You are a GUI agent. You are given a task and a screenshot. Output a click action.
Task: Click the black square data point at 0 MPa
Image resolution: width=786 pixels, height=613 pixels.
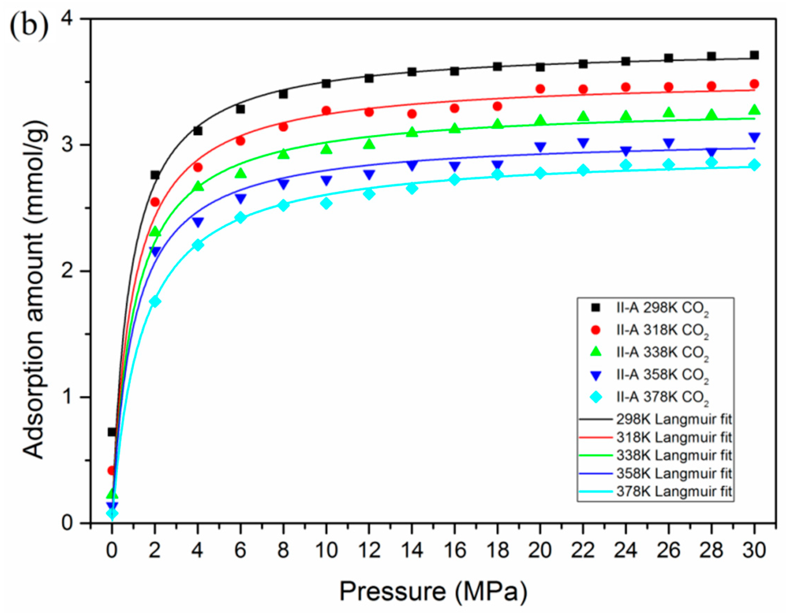(x=112, y=432)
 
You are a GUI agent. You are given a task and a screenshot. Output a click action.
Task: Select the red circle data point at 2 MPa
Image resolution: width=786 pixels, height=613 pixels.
(x=155, y=202)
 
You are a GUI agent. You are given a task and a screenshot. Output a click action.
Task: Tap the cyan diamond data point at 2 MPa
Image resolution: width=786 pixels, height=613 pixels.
(x=155, y=302)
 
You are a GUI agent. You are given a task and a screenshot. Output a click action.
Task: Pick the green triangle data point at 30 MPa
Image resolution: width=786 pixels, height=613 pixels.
(x=755, y=110)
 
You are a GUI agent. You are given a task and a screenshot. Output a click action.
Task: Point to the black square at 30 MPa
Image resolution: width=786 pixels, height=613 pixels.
(x=755, y=55)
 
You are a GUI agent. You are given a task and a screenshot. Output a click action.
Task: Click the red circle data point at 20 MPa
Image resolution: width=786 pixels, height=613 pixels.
(x=540, y=89)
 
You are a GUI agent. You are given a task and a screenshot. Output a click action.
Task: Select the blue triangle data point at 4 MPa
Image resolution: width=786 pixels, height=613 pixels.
(x=198, y=222)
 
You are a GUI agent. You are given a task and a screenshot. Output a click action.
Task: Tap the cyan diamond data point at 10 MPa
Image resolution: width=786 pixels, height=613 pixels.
(x=327, y=203)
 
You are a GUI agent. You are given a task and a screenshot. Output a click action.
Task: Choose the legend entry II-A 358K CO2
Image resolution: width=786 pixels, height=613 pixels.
(x=662, y=375)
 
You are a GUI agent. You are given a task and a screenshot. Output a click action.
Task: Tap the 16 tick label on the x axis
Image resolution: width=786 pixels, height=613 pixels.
(x=455, y=551)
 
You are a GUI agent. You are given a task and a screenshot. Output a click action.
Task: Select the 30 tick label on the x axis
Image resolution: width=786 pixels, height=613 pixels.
(x=755, y=551)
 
